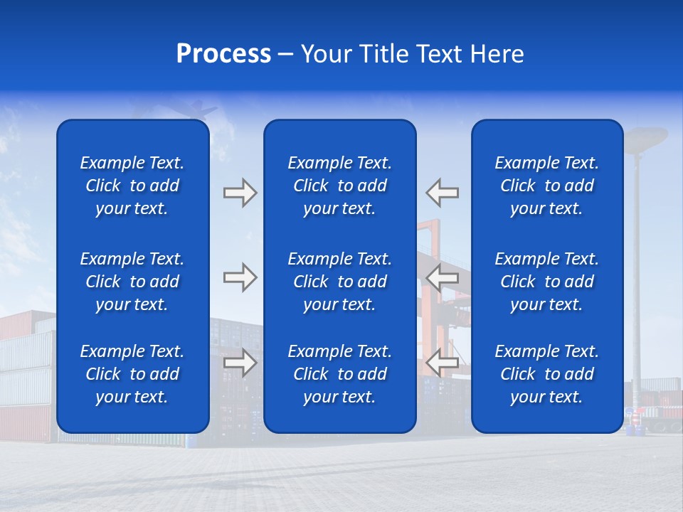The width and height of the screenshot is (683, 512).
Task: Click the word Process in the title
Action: click(x=223, y=54)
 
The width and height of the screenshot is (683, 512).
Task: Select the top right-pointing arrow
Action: click(x=240, y=193)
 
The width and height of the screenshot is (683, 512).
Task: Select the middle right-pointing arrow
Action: click(x=240, y=277)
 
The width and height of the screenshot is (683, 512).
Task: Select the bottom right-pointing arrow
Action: click(x=240, y=363)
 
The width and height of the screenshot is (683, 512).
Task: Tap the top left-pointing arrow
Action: click(x=443, y=193)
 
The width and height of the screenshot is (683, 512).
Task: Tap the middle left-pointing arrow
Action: click(x=443, y=277)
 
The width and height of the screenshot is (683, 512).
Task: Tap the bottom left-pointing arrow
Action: click(x=443, y=363)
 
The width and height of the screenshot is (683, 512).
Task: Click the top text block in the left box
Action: click(x=132, y=186)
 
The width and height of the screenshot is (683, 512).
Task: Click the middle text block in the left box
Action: click(x=132, y=282)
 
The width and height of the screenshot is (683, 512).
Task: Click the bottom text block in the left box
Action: click(x=132, y=374)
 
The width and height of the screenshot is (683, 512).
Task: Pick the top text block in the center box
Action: click(x=339, y=186)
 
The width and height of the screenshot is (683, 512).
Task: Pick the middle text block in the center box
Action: click(x=339, y=282)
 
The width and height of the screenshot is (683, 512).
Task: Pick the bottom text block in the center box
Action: click(x=339, y=374)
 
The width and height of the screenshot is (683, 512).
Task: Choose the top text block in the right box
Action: click(x=547, y=186)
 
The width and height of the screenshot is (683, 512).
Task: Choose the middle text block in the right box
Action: click(x=547, y=282)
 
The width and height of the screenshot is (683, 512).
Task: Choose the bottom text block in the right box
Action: click(x=547, y=374)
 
